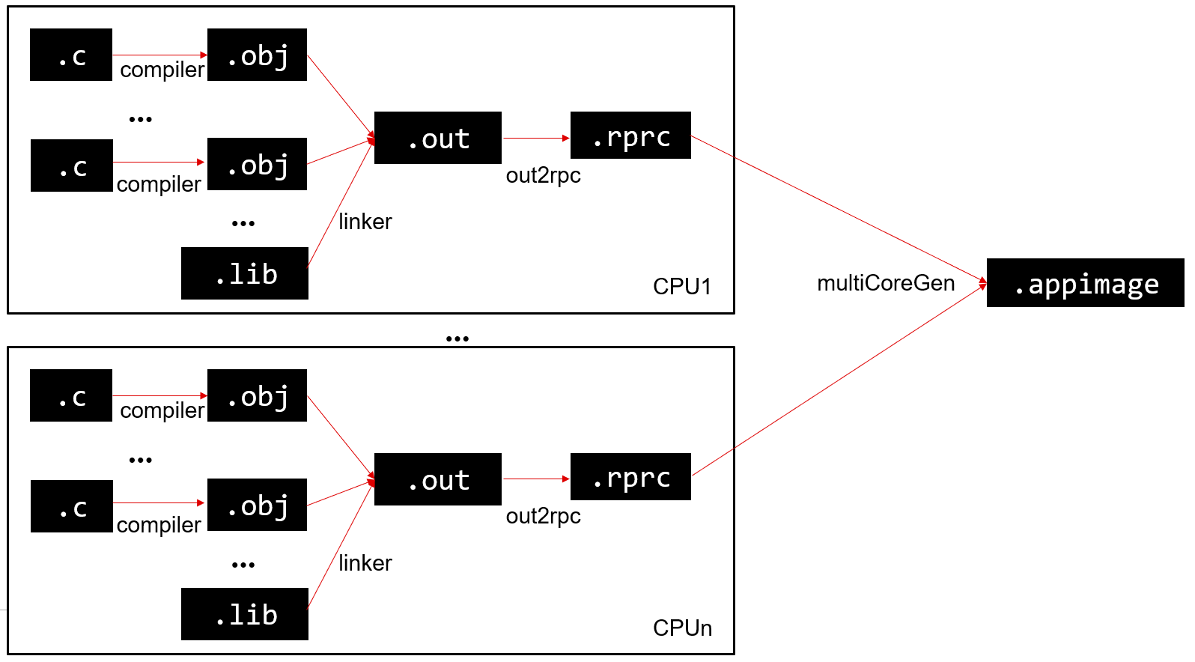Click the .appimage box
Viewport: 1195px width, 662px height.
(x=1085, y=283)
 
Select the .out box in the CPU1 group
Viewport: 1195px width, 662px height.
(x=438, y=138)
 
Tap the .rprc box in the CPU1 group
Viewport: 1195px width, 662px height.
(x=630, y=136)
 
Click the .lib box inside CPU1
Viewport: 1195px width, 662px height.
(x=245, y=273)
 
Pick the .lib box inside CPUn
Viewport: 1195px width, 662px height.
(x=245, y=614)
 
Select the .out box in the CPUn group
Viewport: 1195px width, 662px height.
(x=438, y=479)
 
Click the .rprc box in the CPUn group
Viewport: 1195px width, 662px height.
(x=630, y=476)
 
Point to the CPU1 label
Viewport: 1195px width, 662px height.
(x=681, y=287)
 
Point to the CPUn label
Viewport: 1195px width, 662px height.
(x=682, y=628)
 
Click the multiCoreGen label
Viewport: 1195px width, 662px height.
(x=886, y=283)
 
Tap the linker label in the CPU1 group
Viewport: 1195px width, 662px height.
(x=365, y=222)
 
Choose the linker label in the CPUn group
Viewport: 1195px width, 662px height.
(x=365, y=563)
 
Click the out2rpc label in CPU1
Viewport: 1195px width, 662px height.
(x=543, y=175)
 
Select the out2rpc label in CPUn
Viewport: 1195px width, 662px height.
(x=543, y=516)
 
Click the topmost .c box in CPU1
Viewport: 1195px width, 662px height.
(x=71, y=55)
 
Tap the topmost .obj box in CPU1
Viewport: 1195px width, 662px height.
(x=257, y=55)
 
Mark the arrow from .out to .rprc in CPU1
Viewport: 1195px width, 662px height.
(x=536, y=138)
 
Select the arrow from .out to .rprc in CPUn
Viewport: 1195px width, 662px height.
(x=536, y=479)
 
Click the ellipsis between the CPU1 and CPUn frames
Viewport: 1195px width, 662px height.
(x=457, y=339)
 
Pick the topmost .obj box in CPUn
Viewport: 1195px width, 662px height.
(x=257, y=395)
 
